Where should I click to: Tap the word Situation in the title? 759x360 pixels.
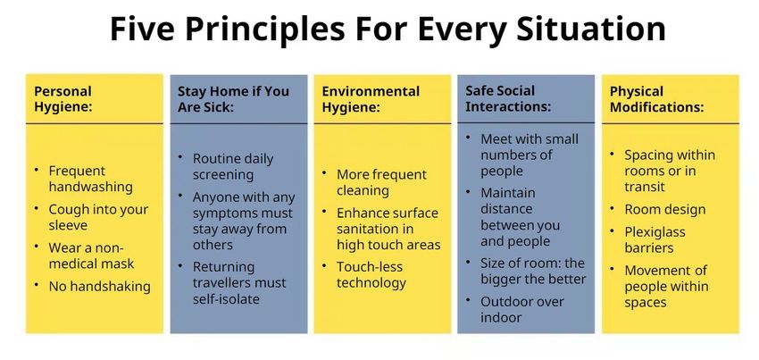(x=590, y=29)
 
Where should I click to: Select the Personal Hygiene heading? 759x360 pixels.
(x=63, y=99)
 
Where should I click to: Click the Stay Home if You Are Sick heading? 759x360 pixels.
(x=233, y=99)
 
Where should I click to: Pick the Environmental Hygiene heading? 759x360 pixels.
(x=371, y=99)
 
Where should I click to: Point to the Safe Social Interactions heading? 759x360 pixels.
(x=508, y=98)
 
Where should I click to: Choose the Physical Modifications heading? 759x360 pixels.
(x=657, y=99)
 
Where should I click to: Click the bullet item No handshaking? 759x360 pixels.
(x=100, y=287)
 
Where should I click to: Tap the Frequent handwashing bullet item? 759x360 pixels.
(x=90, y=179)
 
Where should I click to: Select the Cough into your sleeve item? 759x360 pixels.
(x=98, y=218)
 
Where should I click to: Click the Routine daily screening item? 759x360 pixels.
(x=233, y=167)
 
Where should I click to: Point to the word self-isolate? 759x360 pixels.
(x=226, y=299)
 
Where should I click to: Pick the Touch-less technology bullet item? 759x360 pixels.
(x=371, y=275)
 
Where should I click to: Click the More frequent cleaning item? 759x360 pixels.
(x=381, y=182)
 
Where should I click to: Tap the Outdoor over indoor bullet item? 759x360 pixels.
(x=522, y=310)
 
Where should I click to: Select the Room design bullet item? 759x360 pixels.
(x=664, y=210)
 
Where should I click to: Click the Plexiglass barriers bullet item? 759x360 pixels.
(x=655, y=239)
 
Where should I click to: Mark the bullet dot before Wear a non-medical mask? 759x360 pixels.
(x=37, y=247)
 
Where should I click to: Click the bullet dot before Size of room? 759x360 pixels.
(x=468, y=261)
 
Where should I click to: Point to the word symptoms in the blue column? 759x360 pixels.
(x=224, y=213)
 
